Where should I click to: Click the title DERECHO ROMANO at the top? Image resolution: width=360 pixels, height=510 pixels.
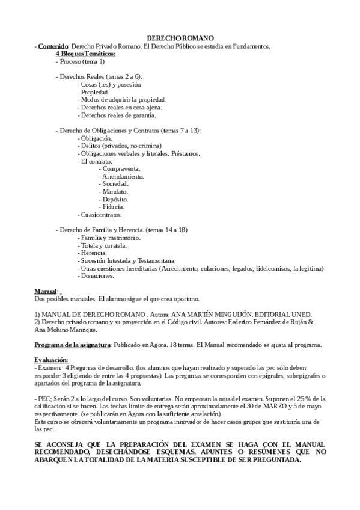coord(180,38)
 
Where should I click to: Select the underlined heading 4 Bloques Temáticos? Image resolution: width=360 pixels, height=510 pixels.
coord(86,54)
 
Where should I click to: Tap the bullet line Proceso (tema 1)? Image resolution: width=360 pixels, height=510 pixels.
coord(81,61)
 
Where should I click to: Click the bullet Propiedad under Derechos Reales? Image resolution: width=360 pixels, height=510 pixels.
coord(94,92)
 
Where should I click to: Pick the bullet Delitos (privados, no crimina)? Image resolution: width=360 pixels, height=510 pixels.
coord(120,146)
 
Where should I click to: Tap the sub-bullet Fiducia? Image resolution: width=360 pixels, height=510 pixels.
coord(113,206)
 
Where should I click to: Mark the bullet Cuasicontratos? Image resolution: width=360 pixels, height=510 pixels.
coord(101,214)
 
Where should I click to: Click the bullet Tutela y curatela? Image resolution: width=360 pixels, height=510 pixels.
coord(102,245)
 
